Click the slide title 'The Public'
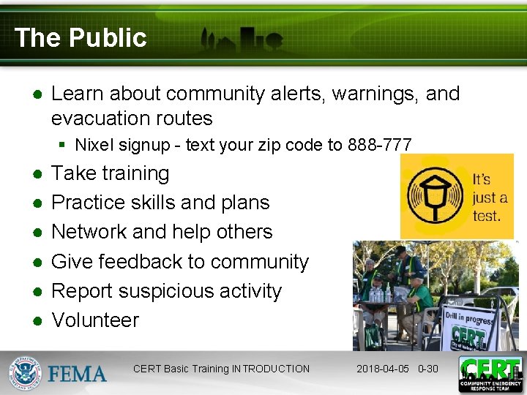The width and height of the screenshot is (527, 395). tap(81, 37)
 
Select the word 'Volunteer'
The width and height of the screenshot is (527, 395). tap(95, 320)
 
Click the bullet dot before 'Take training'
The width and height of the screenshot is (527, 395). tap(35, 174)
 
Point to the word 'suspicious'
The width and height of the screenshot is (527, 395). tap(166, 291)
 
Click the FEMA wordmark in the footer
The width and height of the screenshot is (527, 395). tap(78, 373)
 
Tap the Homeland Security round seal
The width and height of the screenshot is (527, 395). tap(26, 373)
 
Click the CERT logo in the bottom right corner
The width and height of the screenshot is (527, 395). tap(490, 374)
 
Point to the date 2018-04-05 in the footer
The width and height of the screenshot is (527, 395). tap(384, 369)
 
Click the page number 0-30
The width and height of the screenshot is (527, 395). tap(427, 369)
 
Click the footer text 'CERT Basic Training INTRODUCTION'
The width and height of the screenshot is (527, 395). tap(221, 369)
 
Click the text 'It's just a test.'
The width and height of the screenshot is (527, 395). tap(488, 197)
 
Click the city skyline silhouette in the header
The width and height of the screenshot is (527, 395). tap(242, 40)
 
